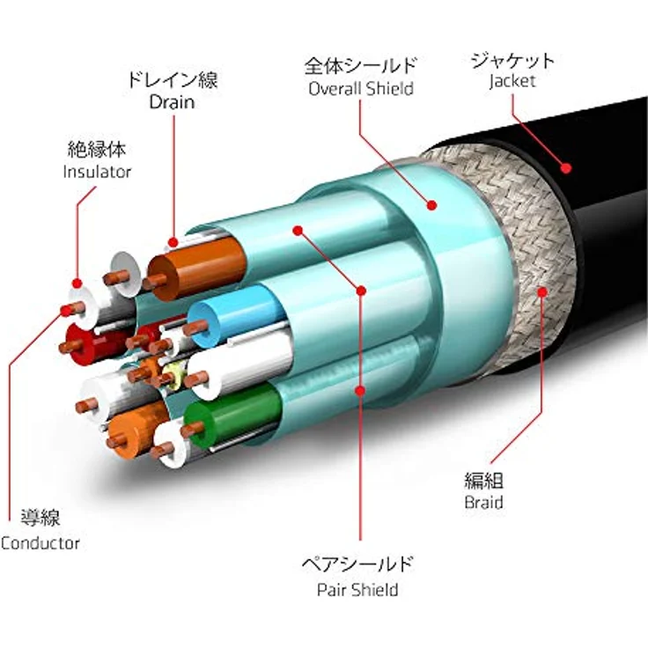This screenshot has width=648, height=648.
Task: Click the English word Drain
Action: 172,102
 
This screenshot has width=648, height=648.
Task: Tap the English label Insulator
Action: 97,172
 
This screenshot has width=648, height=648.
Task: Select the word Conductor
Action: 40,543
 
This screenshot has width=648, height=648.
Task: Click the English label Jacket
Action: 512,81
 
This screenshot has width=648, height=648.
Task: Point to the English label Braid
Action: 483,502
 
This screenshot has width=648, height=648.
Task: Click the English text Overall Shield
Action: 361,89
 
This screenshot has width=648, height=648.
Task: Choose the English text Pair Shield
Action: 357,590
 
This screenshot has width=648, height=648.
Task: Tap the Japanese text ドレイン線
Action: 173,79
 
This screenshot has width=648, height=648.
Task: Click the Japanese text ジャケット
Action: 512,61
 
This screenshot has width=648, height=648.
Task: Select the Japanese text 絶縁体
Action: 97,150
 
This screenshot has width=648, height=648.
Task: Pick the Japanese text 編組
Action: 484,481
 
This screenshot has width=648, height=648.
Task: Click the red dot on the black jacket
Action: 566,168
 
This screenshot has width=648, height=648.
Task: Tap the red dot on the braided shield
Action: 542,292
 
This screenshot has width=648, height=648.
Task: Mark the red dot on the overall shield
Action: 432,205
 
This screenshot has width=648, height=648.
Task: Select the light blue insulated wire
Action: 236,315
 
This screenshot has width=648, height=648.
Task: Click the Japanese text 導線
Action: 40,518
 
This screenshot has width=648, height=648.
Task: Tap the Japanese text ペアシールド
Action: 357,563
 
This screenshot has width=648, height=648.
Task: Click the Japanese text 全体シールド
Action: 361,66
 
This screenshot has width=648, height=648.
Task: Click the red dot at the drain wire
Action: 173,242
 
